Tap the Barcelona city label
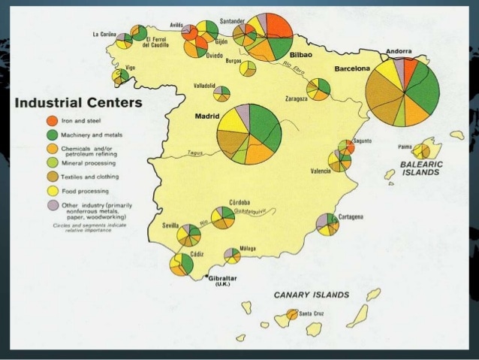pos(352,68)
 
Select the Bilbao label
pos(300,55)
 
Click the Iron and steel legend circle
pos(51,120)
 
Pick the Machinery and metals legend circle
pos(51,135)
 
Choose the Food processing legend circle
pos(51,190)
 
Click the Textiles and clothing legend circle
pos(51,177)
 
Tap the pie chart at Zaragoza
pos(318,89)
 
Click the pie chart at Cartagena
pos(327,224)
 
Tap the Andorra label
pos(399,52)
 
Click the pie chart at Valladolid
pos(221,93)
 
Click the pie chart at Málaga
pos(233,256)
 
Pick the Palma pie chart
pos(421,150)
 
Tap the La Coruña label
pos(104,34)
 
